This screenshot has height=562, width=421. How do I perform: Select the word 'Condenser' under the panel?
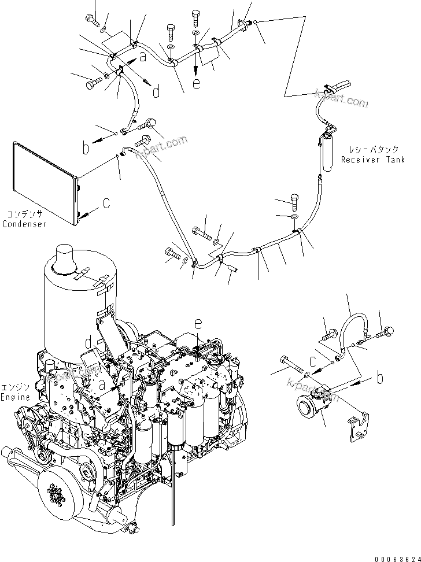[24, 224]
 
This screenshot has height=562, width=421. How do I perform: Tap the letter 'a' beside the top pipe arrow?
[143, 58]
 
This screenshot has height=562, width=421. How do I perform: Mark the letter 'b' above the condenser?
[86, 148]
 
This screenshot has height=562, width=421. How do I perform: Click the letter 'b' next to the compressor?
[379, 379]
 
